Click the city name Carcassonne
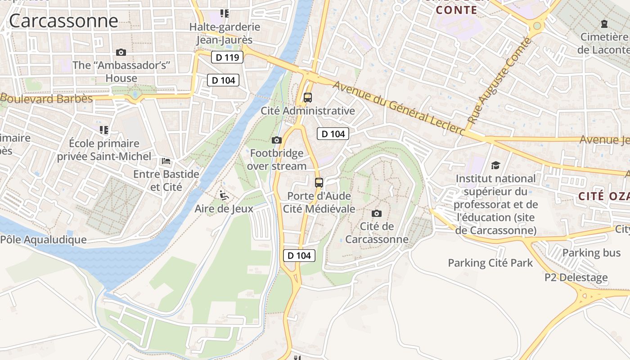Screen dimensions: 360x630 click(x=63, y=21)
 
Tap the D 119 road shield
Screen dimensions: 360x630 click(x=227, y=57)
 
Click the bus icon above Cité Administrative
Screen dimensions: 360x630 click(x=308, y=97)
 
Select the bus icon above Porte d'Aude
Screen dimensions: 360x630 click(x=319, y=182)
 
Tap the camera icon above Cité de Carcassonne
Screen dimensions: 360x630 click(x=377, y=213)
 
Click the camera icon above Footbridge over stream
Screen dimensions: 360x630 click(x=277, y=140)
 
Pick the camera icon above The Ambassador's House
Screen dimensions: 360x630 click(x=121, y=52)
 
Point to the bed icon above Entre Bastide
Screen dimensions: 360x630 click(x=166, y=161)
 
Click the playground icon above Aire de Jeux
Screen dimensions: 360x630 click(x=224, y=195)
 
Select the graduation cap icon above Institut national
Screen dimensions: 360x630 click(x=495, y=165)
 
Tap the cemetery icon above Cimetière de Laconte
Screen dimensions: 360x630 click(x=604, y=24)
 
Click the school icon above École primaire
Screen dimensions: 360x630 click(x=104, y=130)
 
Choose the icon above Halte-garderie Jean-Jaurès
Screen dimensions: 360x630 click(x=224, y=13)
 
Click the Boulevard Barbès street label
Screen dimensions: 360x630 click(x=46, y=99)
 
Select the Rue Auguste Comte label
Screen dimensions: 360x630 click(x=499, y=81)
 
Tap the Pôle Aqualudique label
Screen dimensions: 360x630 click(x=43, y=239)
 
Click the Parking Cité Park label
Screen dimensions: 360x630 click(x=490, y=263)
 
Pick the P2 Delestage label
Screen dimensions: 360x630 click(x=576, y=277)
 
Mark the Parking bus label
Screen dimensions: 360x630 click(x=591, y=253)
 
